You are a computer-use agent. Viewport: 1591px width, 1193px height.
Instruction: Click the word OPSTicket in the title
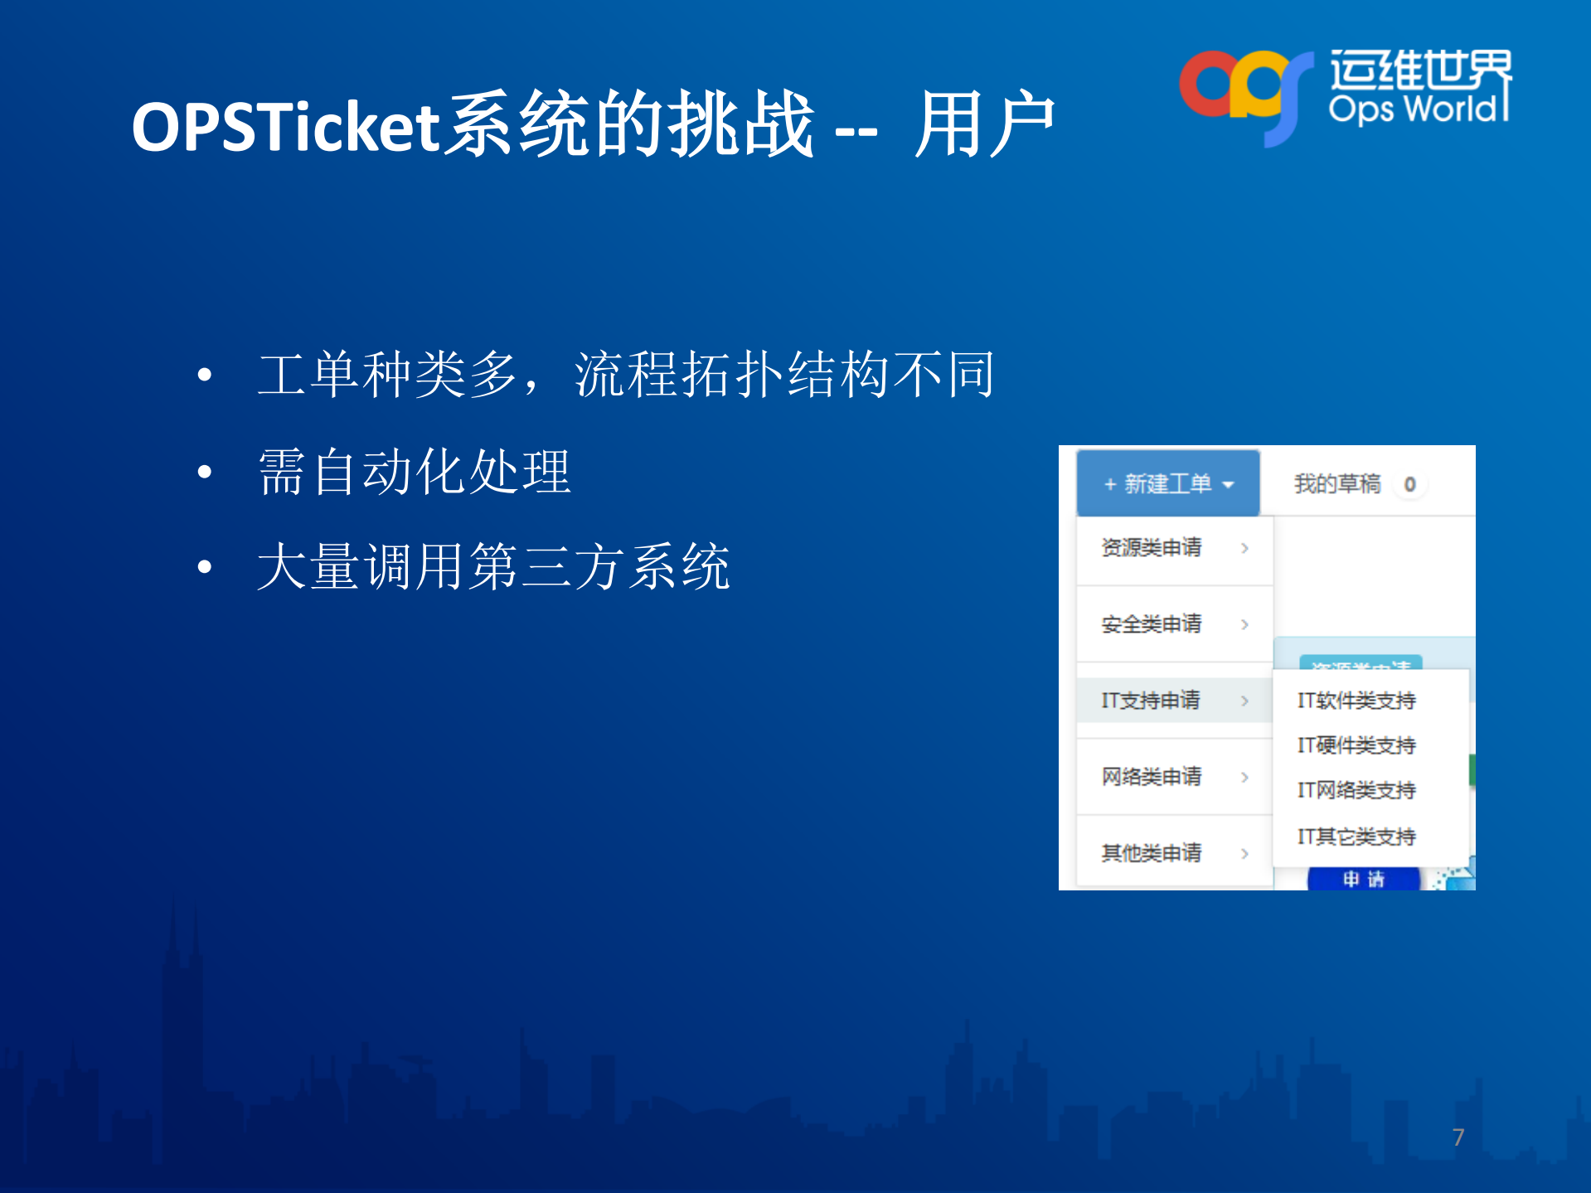pyautogui.click(x=285, y=127)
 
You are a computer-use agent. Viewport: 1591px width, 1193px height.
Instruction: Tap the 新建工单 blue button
pyautogui.click(x=1168, y=483)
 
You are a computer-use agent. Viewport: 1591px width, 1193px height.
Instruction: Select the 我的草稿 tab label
pyautogui.click(x=1336, y=483)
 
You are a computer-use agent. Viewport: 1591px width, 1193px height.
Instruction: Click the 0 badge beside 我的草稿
pyautogui.click(x=1409, y=484)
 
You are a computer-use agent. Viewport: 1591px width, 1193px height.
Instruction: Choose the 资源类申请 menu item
pyautogui.click(x=1151, y=548)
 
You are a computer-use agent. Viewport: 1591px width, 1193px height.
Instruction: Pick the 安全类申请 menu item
pyautogui.click(x=1151, y=624)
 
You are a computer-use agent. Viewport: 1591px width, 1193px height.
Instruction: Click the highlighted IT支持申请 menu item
pyautogui.click(x=1151, y=701)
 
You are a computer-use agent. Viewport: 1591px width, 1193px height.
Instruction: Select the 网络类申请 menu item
pyautogui.click(x=1151, y=777)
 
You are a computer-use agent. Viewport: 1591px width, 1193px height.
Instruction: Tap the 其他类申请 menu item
pyautogui.click(x=1151, y=853)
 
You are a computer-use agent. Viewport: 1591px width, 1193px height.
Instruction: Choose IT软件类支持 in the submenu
pyautogui.click(x=1356, y=701)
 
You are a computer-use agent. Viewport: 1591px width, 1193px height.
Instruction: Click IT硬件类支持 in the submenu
pyautogui.click(x=1356, y=745)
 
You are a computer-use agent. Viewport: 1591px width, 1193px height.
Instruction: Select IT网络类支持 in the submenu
pyautogui.click(x=1356, y=790)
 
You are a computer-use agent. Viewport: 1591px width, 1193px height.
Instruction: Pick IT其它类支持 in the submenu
pyautogui.click(x=1356, y=837)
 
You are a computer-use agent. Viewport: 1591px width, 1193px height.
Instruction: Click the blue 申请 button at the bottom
pyautogui.click(x=1364, y=879)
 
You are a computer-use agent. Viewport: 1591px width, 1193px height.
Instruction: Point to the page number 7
pyautogui.click(x=1458, y=1137)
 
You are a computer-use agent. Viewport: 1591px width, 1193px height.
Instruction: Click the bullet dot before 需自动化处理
pyautogui.click(x=205, y=473)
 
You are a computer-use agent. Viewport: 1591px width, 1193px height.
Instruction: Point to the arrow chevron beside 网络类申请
pyautogui.click(x=1244, y=777)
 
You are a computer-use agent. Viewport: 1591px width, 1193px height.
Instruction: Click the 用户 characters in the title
pyautogui.click(x=984, y=125)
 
